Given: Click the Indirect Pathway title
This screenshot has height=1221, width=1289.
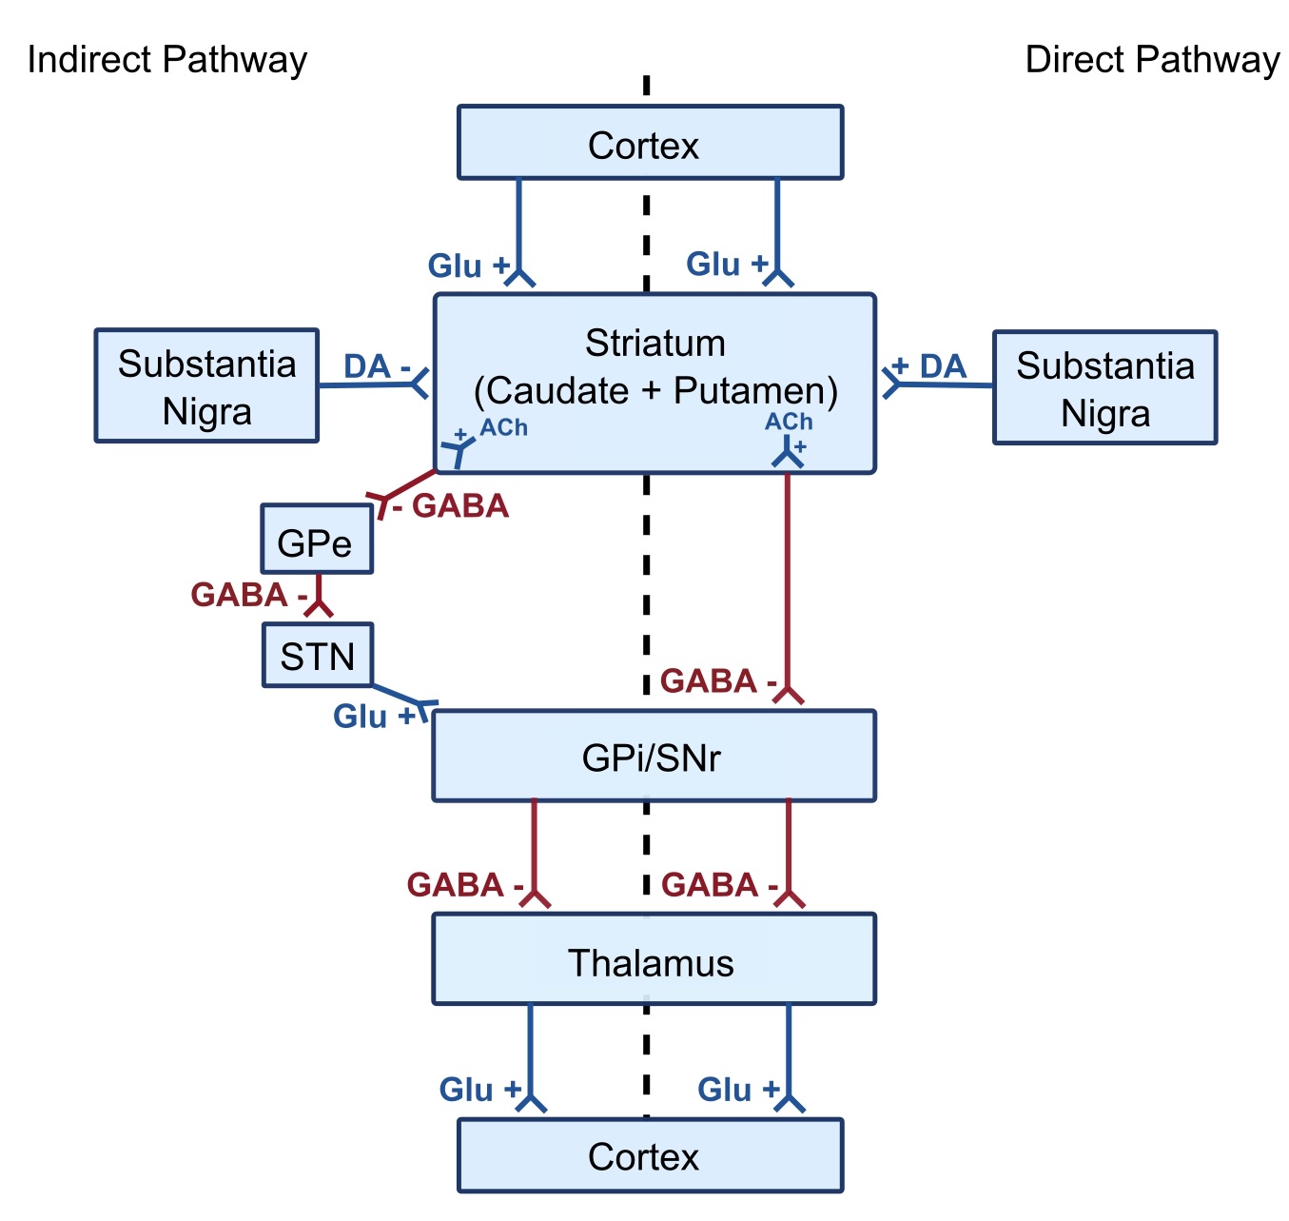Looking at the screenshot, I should point(167,60).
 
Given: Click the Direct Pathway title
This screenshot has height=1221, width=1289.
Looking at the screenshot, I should point(1151,60).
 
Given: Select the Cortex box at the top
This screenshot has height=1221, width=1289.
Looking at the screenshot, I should point(650,144).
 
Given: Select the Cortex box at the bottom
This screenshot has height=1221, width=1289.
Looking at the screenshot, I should point(650,1155).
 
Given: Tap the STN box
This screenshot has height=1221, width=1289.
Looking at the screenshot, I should point(317,656).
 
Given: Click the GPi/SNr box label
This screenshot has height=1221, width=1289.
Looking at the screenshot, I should point(652,758).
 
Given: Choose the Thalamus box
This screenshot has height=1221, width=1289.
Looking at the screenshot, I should point(652,962).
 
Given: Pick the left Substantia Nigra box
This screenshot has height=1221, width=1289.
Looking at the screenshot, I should point(206,386).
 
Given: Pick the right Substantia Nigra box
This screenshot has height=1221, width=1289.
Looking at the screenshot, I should point(1104,388).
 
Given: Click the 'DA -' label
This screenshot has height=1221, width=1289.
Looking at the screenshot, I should point(377,366).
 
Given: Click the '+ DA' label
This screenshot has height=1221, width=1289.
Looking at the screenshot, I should point(929,366).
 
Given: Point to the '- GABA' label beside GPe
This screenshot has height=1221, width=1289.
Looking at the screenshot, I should point(452,506).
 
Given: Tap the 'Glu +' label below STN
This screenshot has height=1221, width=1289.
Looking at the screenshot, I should point(374,716).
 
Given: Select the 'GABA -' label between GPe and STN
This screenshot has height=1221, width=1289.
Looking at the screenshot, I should point(248,595).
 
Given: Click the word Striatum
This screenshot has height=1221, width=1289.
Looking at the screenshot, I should point(654,343).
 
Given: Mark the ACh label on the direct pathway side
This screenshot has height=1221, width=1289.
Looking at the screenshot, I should point(789,422).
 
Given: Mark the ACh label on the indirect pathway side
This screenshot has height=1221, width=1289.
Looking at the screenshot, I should point(503,427).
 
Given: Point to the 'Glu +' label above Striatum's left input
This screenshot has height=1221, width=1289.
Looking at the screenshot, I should point(468,266).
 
